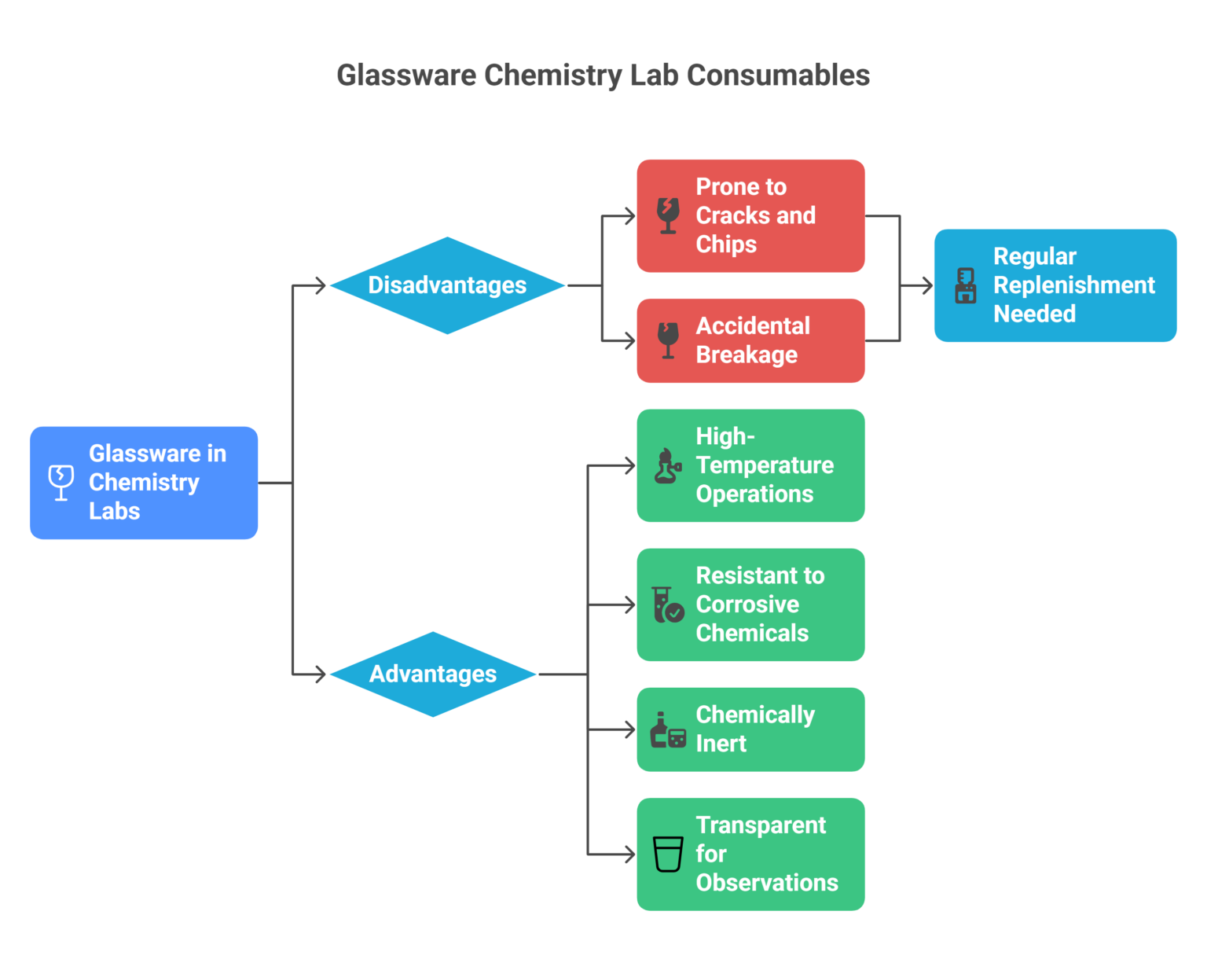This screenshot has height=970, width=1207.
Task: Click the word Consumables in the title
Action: (778, 75)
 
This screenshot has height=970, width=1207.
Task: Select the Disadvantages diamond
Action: (447, 285)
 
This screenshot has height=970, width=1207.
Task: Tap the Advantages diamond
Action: (433, 674)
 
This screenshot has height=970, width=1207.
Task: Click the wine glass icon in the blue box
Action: (61, 482)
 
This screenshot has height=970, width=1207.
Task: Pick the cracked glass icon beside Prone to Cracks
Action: (668, 215)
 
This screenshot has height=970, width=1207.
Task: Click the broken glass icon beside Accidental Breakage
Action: (668, 340)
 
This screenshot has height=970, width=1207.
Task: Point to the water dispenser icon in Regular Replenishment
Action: (965, 285)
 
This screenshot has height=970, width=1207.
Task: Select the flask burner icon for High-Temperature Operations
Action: (668, 465)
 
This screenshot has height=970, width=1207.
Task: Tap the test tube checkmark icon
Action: (668, 604)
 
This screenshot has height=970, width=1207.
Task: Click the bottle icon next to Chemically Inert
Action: (668, 729)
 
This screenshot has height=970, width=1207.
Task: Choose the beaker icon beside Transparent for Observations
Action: (668, 854)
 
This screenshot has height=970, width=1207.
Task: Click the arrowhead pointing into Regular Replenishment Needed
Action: (927, 285)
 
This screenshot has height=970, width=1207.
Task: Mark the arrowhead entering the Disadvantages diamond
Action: (320, 285)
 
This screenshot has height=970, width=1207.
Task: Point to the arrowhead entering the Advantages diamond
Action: (320, 674)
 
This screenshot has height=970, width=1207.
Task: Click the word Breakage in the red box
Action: (747, 355)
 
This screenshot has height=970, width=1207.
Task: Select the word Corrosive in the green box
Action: (747, 604)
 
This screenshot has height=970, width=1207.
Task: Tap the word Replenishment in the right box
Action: (1073, 285)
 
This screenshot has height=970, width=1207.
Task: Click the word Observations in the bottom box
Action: (767, 883)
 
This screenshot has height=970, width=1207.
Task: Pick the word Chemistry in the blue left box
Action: (144, 483)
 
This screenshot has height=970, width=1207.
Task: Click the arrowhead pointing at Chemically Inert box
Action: (629, 729)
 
